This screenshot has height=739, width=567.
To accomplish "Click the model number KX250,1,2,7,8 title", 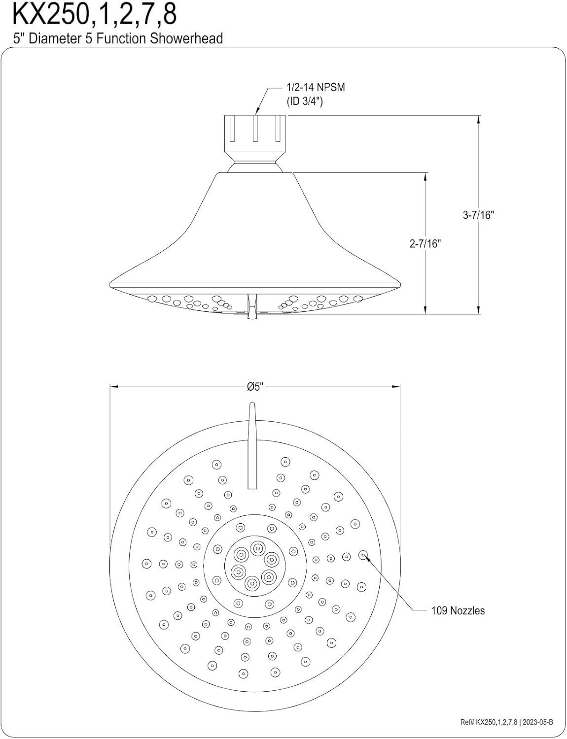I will (x=94, y=15).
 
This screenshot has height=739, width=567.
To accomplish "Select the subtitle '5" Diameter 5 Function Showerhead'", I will (x=118, y=38).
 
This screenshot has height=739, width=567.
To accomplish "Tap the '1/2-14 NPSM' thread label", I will (x=316, y=87).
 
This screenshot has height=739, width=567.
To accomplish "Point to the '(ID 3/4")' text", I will (x=305, y=101).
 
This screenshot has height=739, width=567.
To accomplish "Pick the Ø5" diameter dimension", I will (x=255, y=387).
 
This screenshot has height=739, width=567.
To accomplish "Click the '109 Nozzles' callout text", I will (x=458, y=610).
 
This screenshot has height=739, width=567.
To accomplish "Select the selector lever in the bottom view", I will (x=252, y=446).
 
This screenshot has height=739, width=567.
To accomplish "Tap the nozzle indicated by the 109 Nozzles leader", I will (x=363, y=555).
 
